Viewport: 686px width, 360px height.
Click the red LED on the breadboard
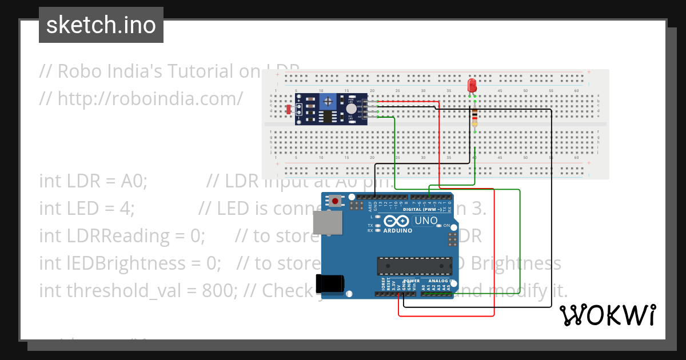(472, 86)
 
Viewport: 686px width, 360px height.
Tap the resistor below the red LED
(474, 118)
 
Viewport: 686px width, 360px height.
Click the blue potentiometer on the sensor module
(329, 102)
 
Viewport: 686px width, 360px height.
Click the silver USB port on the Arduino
(328, 225)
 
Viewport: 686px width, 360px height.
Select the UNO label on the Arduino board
(426, 221)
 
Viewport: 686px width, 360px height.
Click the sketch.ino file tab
(101, 25)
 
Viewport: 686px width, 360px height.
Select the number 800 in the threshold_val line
(218, 290)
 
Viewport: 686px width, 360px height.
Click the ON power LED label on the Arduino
(447, 226)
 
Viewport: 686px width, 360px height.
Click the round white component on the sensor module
(351, 108)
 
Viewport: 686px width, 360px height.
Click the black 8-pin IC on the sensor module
(327, 117)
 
